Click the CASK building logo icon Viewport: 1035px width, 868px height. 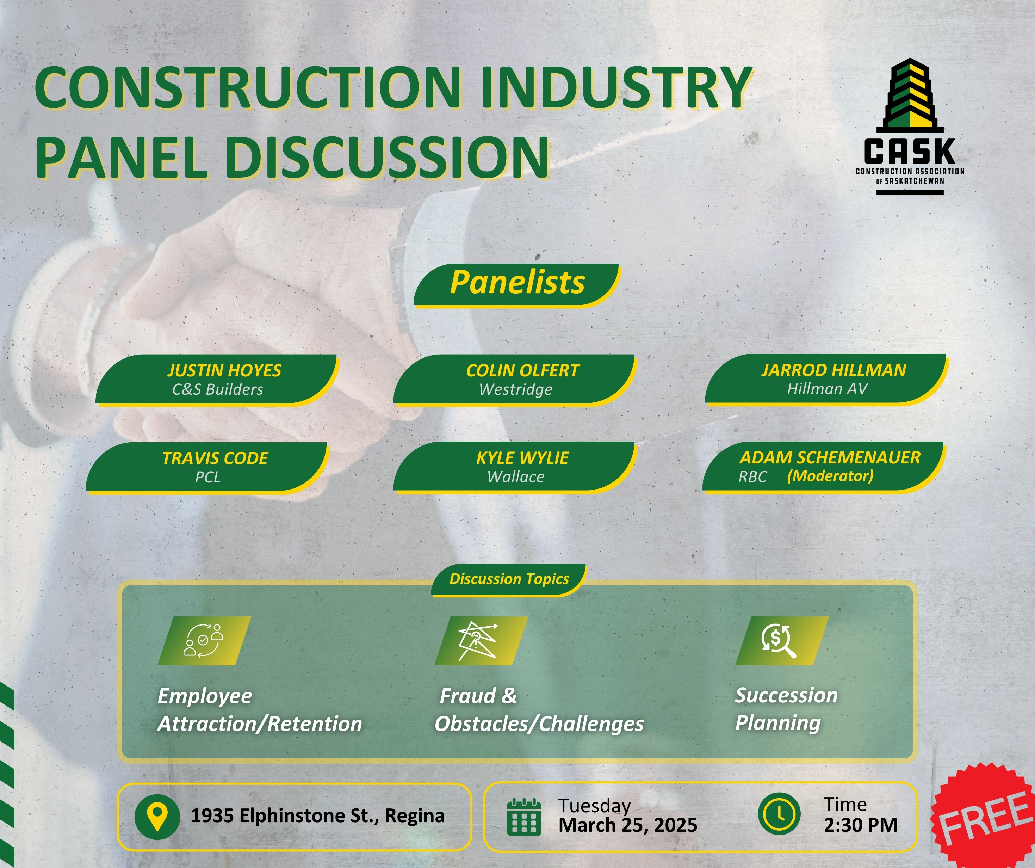tap(910, 95)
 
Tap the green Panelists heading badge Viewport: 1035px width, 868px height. tap(516, 285)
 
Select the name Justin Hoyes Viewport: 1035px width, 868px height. tap(224, 370)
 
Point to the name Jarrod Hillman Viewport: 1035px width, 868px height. tap(833, 370)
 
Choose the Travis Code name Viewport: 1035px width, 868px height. tap(215, 458)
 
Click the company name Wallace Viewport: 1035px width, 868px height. tap(515, 477)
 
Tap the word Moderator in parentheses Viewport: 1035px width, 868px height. tap(830, 476)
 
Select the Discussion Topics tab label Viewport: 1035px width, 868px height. tap(509, 579)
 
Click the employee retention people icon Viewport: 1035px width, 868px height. tap(204, 641)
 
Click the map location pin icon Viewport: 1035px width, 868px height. tap(157, 816)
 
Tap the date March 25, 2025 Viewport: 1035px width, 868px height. tap(628, 825)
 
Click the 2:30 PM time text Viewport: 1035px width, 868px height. tap(861, 825)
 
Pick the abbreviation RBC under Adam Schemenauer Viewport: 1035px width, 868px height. tap(752, 477)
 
